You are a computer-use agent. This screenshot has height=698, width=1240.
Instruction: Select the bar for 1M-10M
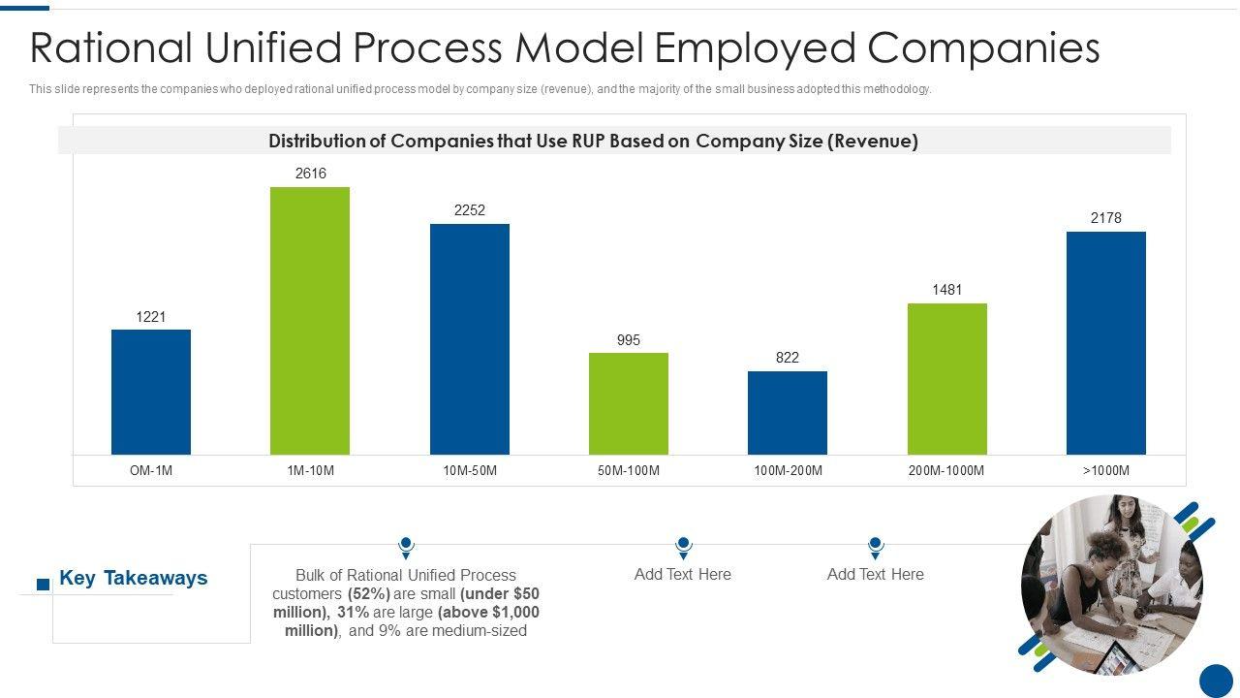pyautogui.click(x=310, y=320)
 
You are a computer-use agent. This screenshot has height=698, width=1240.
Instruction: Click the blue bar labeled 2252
pyautogui.click(x=470, y=339)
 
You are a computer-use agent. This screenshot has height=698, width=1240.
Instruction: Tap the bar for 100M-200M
pyautogui.click(x=788, y=412)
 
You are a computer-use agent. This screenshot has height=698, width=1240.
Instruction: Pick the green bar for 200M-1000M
pyautogui.click(x=946, y=378)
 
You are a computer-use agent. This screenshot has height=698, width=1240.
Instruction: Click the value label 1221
pyautogui.click(x=151, y=317)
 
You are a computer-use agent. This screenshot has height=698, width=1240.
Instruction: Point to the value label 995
pyautogui.click(x=629, y=340)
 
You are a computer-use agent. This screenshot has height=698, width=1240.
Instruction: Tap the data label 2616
pyautogui.click(x=310, y=174)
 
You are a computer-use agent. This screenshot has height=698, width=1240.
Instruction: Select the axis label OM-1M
pyautogui.click(x=151, y=471)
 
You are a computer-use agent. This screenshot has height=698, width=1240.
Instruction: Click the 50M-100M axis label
pyautogui.click(x=629, y=471)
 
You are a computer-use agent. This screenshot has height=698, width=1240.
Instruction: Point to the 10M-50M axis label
pyautogui.click(x=470, y=471)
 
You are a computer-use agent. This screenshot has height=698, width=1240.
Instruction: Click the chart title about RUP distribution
pyautogui.click(x=593, y=142)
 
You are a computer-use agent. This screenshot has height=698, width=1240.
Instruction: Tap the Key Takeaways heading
pyautogui.click(x=134, y=578)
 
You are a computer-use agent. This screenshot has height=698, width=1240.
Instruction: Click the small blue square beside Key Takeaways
pyautogui.click(x=43, y=584)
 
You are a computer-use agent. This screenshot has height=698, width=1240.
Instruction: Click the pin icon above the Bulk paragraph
pyautogui.click(x=406, y=548)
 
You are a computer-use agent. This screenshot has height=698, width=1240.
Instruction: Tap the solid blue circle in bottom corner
pyautogui.click(x=1216, y=680)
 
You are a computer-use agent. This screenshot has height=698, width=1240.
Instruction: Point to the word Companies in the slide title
pyautogui.click(x=984, y=48)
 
